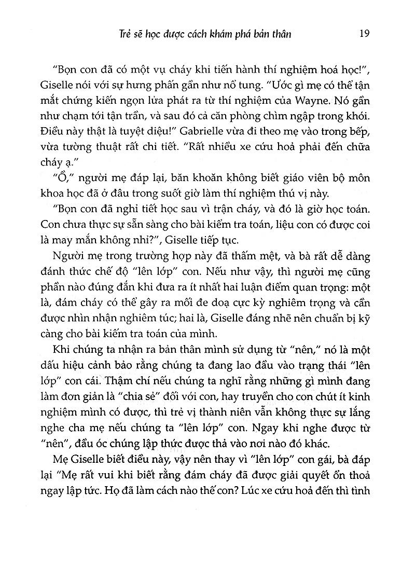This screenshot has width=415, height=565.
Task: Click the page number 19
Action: pyautogui.click(x=364, y=34)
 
